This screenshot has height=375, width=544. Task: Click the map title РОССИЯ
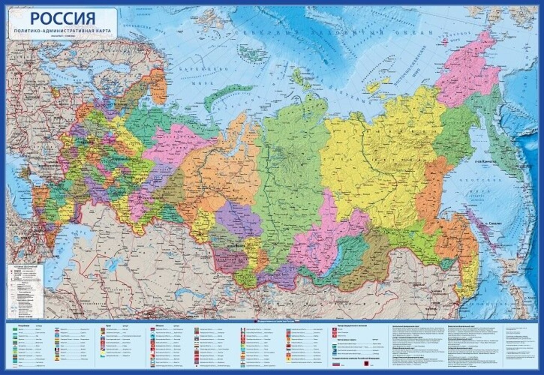click(x=63, y=18)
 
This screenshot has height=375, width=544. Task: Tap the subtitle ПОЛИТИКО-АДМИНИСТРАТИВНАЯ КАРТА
click(x=63, y=31)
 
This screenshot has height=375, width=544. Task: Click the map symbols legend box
click(x=25, y=290)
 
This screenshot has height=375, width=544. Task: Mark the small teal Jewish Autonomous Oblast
click(x=449, y=263)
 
